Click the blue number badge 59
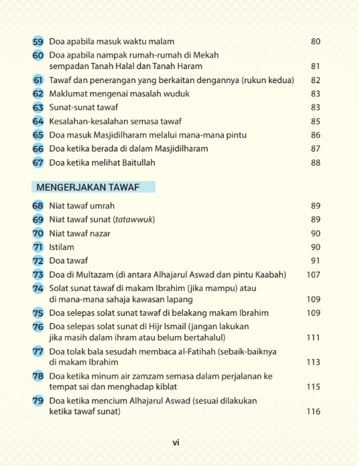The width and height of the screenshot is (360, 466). pyautogui.click(x=38, y=42)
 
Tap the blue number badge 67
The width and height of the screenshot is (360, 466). pyautogui.click(x=38, y=162)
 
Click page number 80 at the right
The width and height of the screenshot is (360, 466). pyautogui.click(x=316, y=42)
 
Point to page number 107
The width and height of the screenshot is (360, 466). pyautogui.click(x=313, y=274)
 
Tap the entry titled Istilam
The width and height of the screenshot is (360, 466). pyautogui.click(x=62, y=247)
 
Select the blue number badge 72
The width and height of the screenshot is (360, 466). pyautogui.click(x=38, y=260)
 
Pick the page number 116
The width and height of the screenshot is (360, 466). pyautogui.click(x=313, y=411)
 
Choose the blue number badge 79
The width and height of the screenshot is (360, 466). pyautogui.click(x=38, y=401)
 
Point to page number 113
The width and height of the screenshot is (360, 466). pyautogui.click(x=313, y=362)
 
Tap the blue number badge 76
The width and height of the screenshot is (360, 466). pyautogui.click(x=38, y=327)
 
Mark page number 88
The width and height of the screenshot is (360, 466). pyautogui.click(x=316, y=162)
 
